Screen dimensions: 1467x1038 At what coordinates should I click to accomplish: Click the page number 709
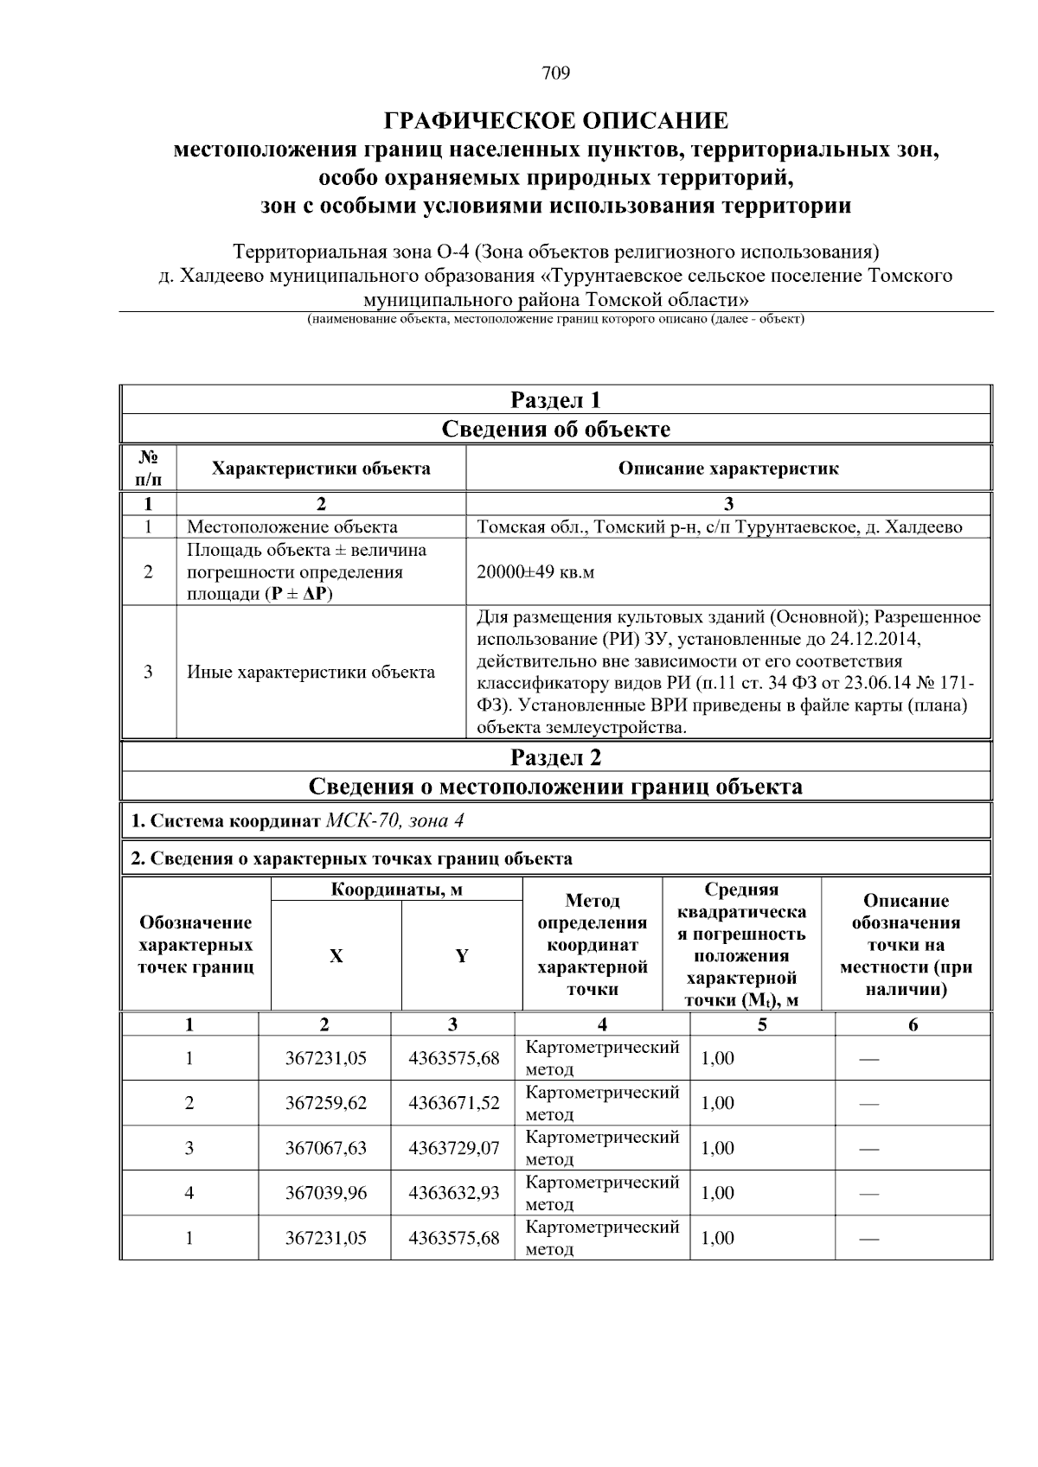click(556, 73)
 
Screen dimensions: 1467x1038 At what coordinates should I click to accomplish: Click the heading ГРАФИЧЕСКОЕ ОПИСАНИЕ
click(556, 119)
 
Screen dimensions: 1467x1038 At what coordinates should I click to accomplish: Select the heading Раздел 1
click(555, 400)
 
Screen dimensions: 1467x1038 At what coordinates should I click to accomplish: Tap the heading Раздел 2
click(555, 758)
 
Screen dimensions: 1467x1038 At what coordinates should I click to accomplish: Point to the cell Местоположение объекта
click(292, 526)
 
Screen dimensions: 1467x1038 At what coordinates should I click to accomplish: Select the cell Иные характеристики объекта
click(311, 672)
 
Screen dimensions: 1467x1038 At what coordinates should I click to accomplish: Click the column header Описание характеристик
click(728, 469)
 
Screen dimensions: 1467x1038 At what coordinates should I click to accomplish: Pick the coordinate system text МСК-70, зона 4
click(394, 820)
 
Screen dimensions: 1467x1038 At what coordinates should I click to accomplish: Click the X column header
click(336, 956)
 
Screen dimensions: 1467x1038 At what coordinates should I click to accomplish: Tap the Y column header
click(462, 956)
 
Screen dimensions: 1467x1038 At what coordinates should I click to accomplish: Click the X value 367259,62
click(326, 1103)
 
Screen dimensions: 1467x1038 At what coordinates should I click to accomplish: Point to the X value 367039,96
click(326, 1193)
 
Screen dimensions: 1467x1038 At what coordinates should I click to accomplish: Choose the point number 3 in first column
click(189, 1148)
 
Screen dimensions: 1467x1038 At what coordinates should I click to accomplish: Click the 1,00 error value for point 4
click(717, 1193)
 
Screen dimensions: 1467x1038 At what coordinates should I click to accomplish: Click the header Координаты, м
click(397, 890)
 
